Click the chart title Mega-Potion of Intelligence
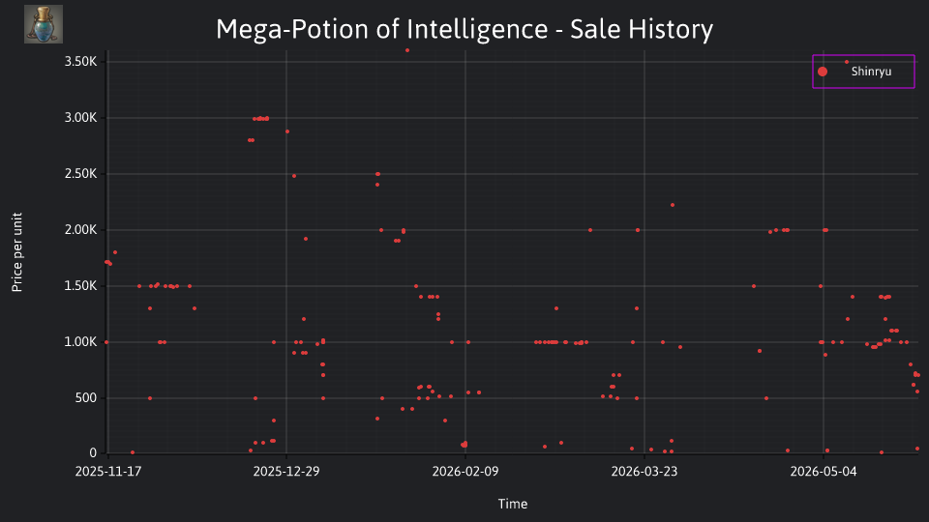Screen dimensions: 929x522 click(x=381, y=29)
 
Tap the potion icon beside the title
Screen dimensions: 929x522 click(x=44, y=24)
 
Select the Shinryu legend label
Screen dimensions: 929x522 click(x=871, y=72)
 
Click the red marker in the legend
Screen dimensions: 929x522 click(x=823, y=72)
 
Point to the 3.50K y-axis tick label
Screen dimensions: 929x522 click(x=80, y=62)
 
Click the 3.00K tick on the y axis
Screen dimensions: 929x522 click(x=80, y=118)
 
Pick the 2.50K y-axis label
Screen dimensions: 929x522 click(x=80, y=174)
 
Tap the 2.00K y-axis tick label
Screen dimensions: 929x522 click(x=80, y=230)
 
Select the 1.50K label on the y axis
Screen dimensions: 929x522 click(x=80, y=286)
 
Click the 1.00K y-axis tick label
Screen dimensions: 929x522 click(x=80, y=342)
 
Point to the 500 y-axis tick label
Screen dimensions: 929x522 click(x=85, y=397)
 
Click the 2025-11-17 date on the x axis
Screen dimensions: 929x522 click(x=107, y=472)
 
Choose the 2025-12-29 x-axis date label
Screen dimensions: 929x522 click(x=286, y=472)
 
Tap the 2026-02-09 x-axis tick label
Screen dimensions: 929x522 click(x=465, y=472)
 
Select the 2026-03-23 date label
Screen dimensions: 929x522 click(x=644, y=472)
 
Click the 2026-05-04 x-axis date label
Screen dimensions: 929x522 click(x=823, y=472)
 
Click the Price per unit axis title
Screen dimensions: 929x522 click(x=17, y=252)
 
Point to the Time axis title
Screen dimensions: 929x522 click(x=513, y=504)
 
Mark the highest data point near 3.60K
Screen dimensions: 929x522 click(x=407, y=50)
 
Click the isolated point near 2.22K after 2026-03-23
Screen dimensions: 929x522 click(x=673, y=205)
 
